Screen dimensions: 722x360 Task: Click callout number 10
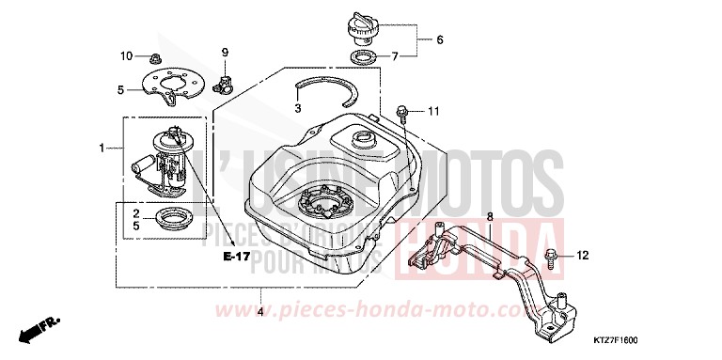click(x=127, y=56)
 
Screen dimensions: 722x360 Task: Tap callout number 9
click(x=226, y=51)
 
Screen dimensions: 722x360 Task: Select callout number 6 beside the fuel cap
click(x=438, y=39)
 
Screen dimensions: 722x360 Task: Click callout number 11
click(x=433, y=112)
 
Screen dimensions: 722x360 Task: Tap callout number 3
click(x=297, y=109)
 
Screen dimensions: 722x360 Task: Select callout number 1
click(x=103, y=148)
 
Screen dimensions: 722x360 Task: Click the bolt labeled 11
click(x=401, y=113)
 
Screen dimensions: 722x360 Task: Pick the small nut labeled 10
click(x=154, y=56)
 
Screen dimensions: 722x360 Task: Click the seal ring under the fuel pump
click(x=172, y=223)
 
